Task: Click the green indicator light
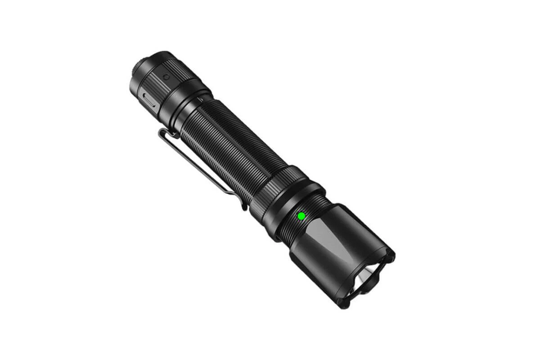point(301,216)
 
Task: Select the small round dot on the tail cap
point(166,77)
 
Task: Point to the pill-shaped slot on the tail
point(148,100)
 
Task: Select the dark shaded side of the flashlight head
point(315,265)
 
